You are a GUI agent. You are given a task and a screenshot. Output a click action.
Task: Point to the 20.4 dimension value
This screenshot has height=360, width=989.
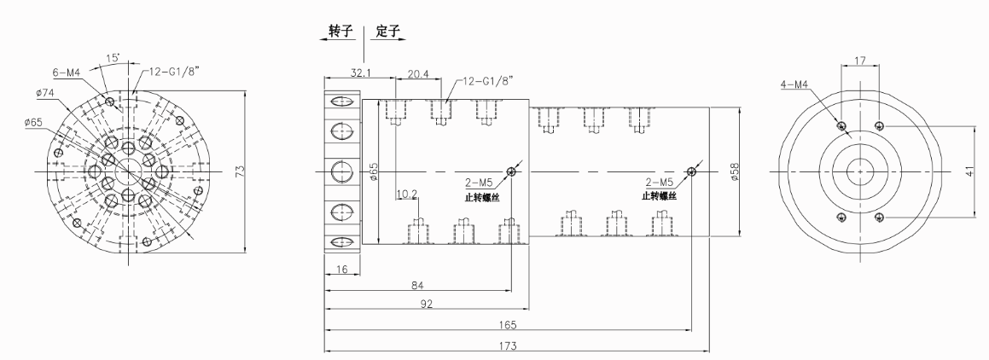click(x=418, y=74)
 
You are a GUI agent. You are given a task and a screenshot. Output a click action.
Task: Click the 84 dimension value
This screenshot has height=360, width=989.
click(x=417, y=284)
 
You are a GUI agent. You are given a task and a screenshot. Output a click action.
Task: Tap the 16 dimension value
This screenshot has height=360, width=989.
click(x=341, y=269)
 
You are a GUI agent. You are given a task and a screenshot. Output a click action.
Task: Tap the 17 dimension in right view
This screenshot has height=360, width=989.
click(x=861, y=61)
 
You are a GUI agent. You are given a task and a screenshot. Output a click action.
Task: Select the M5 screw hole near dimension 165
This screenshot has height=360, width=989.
click(x=690, y=171)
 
